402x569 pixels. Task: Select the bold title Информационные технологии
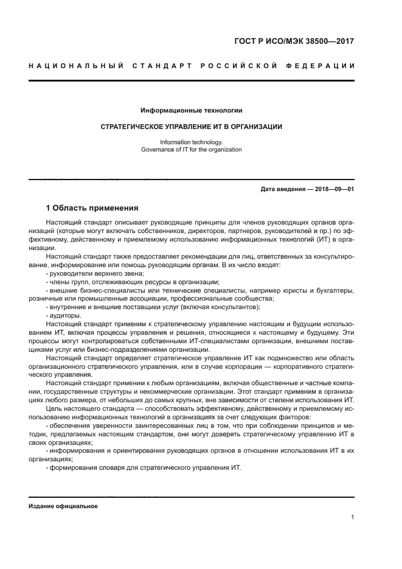click(x=191, y=111)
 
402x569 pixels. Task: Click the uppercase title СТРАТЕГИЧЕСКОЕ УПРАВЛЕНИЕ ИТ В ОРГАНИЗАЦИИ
click(x=191, y=127)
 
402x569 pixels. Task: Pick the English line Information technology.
click(x=191, y=142)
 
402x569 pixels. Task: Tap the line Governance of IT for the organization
click(x=191, y=149)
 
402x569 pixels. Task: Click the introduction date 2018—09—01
click(x=333, y=189)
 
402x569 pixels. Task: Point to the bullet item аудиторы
click(x=65, y=315)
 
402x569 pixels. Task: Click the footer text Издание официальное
click(x=63, y=506)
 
